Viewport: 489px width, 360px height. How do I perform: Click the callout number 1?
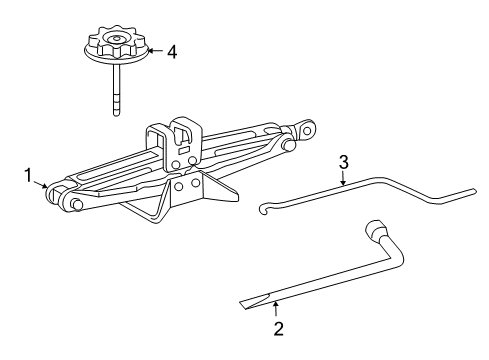30,176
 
